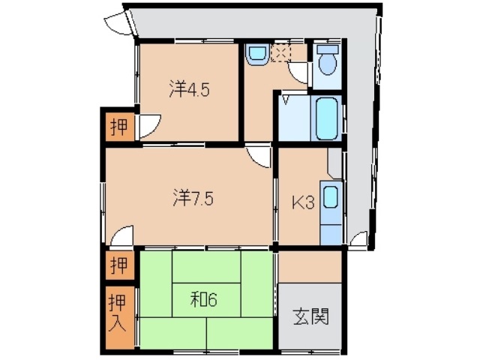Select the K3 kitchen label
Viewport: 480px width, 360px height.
click(x=301, y=202)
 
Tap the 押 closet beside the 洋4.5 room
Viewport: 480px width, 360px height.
click(x=118, y=127)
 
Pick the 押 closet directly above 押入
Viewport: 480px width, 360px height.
click(x=118, y=264)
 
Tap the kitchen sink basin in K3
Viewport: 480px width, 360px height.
click(x=330, y=199)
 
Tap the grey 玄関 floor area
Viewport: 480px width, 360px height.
click(x=310, y=315)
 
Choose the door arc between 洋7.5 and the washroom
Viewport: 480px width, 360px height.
click(x=259, y=156)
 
